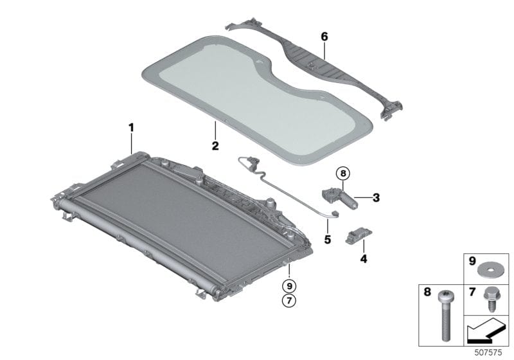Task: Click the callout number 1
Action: (x=132, y=127)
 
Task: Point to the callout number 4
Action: (x=363, y=259)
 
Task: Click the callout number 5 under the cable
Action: (x=327, y=239)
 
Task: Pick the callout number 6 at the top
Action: (x=324, y=37)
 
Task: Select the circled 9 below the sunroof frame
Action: (x=290, y=285)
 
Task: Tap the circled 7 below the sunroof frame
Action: (x=290, y=301)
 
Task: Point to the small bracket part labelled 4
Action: (x=357, y=237)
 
